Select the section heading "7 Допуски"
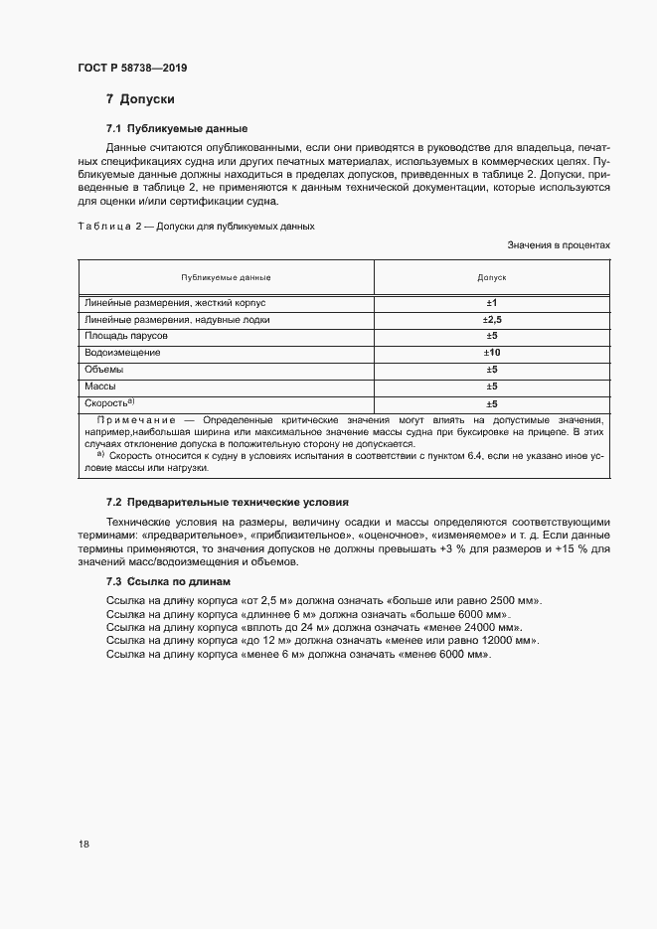[x=140, y=100]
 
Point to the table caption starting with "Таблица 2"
[x=196, y=226]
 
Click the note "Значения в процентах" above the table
[x=559, y=244]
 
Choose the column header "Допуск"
[x=492, y=277]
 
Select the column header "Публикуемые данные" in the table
[x=226, y=277]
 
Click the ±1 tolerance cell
[x=491, y=302]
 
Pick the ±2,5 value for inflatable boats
[x=491, y=320]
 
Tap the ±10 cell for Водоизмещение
[x=491, y=353]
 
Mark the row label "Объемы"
[x=104, y=369]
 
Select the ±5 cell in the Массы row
[x=491, y=387]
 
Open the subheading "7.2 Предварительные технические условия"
[x=227, y=503]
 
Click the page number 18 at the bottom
[x=83, y=844]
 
